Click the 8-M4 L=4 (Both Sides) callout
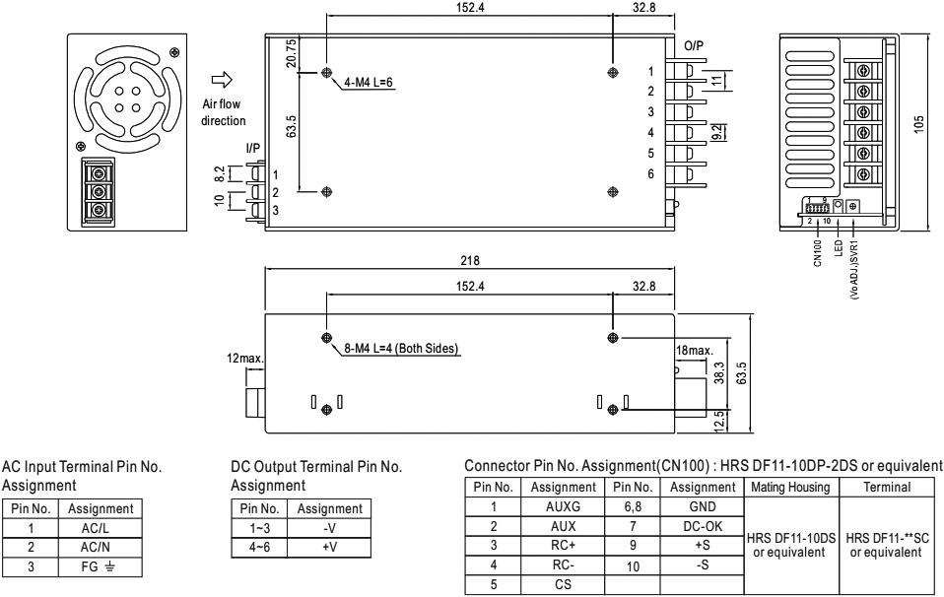pyautogui.click(x=404, y=349)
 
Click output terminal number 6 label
pyautogui.click(x=649, y=174)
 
